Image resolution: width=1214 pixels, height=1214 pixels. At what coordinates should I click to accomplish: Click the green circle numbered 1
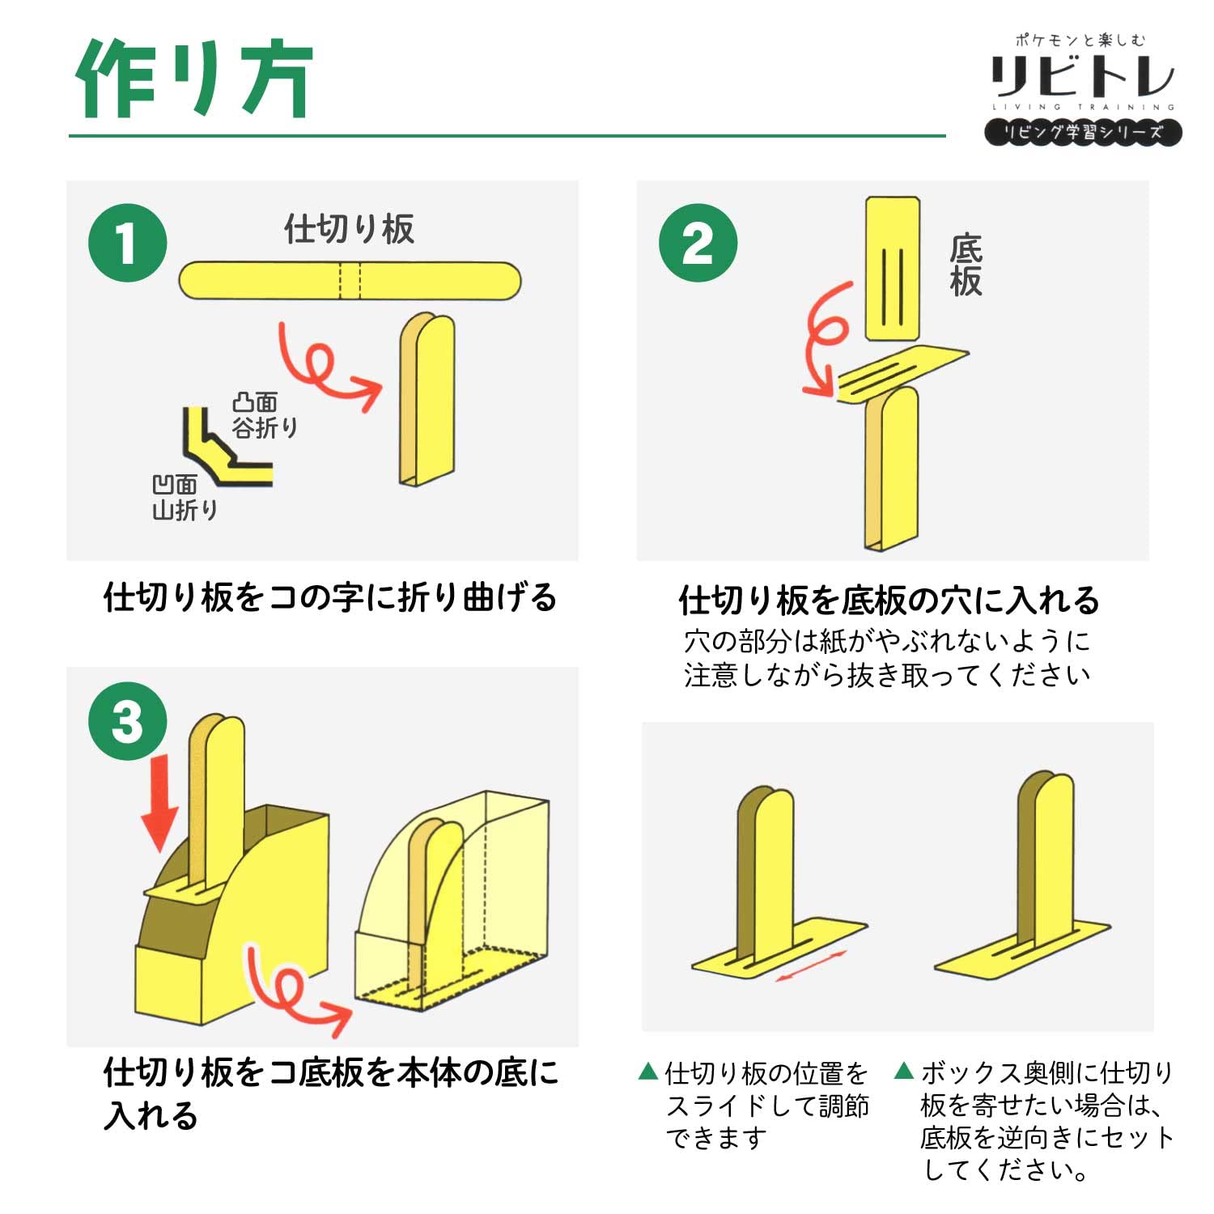[127, 243]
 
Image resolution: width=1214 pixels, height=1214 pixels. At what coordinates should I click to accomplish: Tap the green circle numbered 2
[698, 243]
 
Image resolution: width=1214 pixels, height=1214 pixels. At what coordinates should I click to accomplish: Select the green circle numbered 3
[127, 721]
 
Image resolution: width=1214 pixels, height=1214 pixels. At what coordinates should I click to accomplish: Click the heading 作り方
[193, 79]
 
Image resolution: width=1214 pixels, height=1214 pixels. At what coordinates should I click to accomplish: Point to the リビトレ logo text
[1082, 76]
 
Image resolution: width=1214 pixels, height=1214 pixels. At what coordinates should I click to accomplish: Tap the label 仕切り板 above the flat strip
[349, 229]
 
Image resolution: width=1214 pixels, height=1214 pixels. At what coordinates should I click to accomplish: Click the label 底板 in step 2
[966, 265]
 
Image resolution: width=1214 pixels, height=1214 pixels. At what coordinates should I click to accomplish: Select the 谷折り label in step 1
[265, 427]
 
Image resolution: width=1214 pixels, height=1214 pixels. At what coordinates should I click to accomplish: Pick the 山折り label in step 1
[185, 510]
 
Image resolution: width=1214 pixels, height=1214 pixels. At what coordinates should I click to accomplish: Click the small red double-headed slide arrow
[810, 966]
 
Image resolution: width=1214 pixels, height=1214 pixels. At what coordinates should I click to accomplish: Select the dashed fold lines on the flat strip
[350, 280]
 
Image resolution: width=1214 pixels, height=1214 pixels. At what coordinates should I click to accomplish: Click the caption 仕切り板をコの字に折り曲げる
[330, 597]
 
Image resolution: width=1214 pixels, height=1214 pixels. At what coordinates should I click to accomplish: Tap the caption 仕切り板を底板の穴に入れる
[889, 601]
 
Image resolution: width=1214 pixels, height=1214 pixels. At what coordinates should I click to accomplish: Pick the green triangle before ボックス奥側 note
[904, 1072]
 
